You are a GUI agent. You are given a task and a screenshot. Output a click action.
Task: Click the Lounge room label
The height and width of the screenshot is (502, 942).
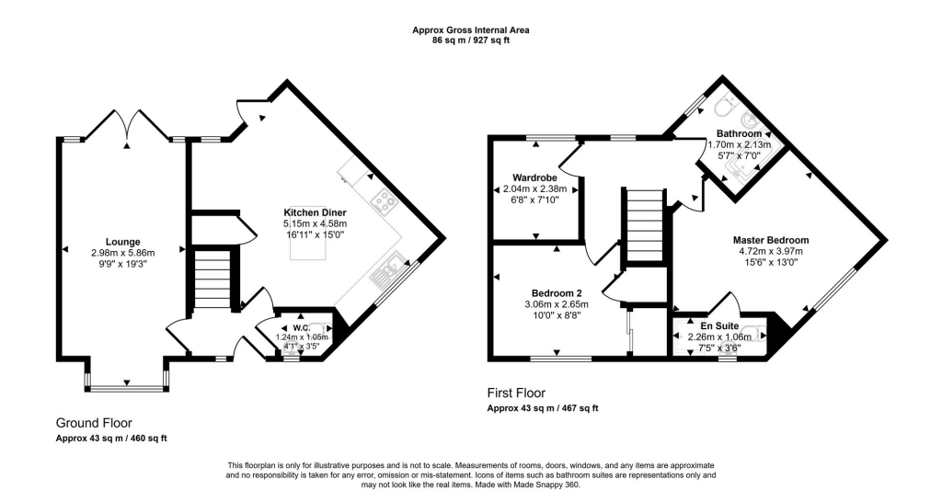coord(122,242)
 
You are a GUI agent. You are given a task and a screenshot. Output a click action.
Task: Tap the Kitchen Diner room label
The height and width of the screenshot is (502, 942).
coord(316,212)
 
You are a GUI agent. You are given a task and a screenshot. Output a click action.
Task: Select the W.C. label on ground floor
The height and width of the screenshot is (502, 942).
coord(301,327)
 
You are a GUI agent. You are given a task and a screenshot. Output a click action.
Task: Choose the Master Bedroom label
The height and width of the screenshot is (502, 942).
coord(771,240)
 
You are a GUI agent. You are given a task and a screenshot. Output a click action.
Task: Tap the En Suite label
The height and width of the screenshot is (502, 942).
coord(719,326)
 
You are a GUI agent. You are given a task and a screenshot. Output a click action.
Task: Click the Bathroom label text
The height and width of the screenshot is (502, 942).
coord(740,134)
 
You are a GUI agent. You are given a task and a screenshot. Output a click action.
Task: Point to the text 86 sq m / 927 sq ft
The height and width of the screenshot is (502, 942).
coord(470,41)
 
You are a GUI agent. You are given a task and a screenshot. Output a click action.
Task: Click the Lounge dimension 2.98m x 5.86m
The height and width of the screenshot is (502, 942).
coord(122,253)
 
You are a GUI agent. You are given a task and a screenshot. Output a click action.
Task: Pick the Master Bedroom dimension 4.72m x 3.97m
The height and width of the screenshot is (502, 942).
coord(771,251)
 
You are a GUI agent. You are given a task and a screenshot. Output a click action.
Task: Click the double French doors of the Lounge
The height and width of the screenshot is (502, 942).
coord(129,127)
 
